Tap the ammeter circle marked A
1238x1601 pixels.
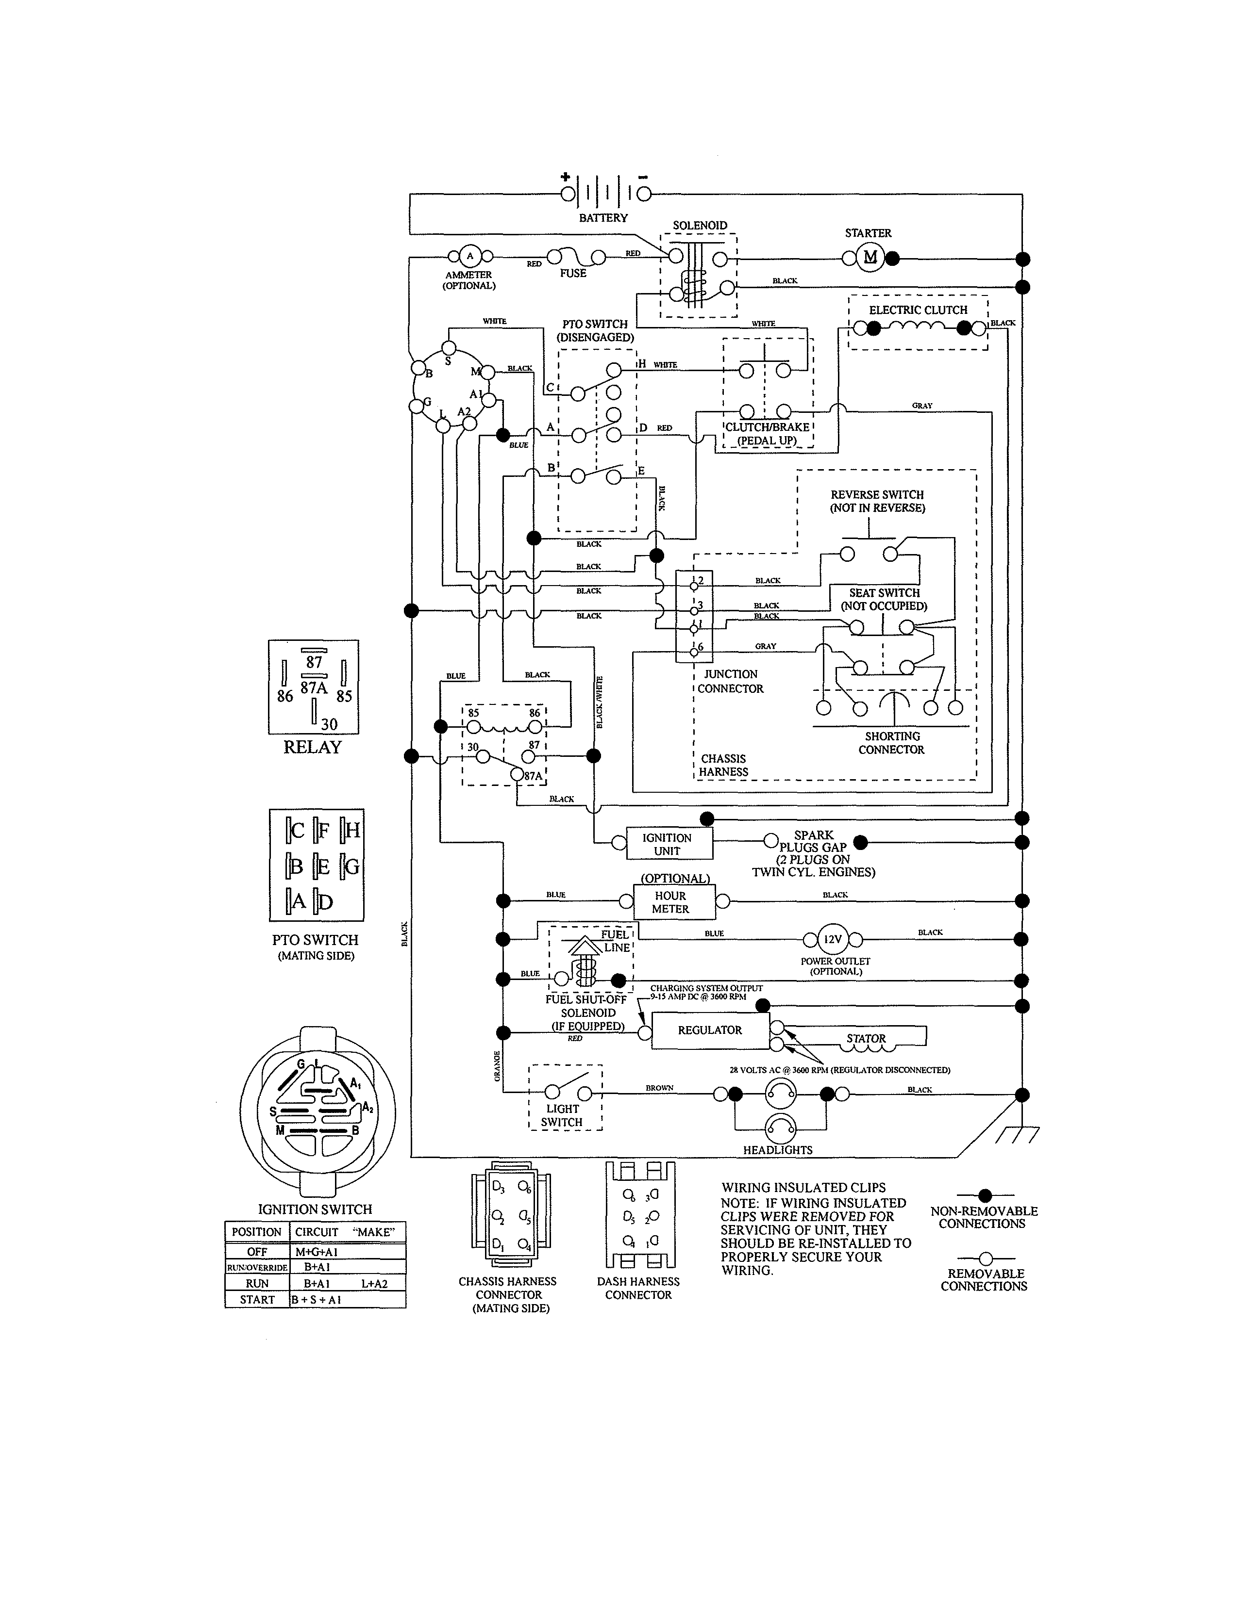pyautogui.click(x=469, y=256)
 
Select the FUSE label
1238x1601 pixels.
pyautogui.click(x=573, y=274)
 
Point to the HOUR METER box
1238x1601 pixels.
pyautogui.click(x=670, y=902)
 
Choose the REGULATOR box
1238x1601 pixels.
pyautogui.click(x=710, y=1030)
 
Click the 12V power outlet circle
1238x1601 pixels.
pyautogui.click(x=833, y=939)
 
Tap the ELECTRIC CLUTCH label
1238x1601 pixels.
pyautogui.click(x=918, y=310)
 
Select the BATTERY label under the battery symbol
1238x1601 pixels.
pyautogui.click(x=603, y=218)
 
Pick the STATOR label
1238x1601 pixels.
pyautogui.click(x=866, y=1038)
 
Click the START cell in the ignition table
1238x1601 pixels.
pyautogui.click(x=257, y=1300)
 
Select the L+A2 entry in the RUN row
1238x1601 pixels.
pyautogui.click(x=374, y=1284)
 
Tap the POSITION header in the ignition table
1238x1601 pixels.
pyautogui.click(x=257, y=1232)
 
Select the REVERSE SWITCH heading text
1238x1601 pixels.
pyautogui.click(x=877, y=495)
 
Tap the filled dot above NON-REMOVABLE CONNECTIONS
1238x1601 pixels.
pyautogui.click(x=985, y=1195)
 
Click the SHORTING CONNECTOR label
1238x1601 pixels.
pyautogui.click(x=892, y=743)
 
